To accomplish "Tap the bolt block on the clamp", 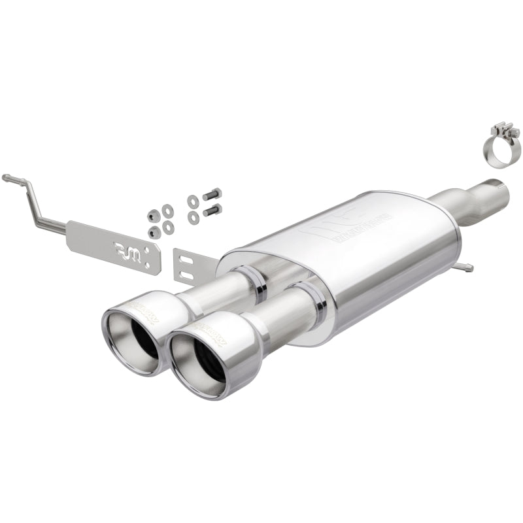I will coord(505,127).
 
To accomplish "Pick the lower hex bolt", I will coord(212,210).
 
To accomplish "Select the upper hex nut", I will coord(153,215).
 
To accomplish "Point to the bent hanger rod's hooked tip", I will coord(7,177).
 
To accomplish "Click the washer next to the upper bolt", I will coord(192,201).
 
